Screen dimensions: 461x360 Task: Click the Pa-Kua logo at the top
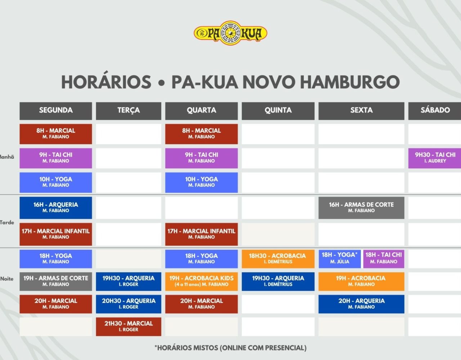(x=230, y=33)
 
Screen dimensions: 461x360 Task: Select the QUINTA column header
(x=278, y=111)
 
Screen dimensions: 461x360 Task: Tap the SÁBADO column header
(x=435, y=111)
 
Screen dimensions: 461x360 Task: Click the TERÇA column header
(x=129, y=111)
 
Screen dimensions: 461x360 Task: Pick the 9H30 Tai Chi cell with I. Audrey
(x=435, y=158)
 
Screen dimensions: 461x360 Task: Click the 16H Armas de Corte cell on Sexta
(x=361, y=208)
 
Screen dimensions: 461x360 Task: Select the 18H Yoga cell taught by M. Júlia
(x=339, y=259)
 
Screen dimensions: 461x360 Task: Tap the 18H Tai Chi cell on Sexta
(x=384, y=259)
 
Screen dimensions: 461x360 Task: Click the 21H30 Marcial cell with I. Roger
(x=129, y=327)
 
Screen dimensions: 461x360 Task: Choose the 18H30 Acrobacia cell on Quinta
(x=278, y=259)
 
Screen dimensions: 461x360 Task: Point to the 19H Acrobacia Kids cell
(x=201, y=282)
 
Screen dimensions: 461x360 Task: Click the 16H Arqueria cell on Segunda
(x=56, y=208)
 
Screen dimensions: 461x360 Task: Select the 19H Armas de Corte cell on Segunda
(x=56, y=282)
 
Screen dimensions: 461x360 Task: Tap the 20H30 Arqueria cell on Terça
(x=129, y=304)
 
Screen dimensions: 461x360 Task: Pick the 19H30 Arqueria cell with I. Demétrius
(x=278, y=282)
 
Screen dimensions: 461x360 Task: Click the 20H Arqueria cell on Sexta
(x=361, y=304)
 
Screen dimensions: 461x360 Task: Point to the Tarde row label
(x=7, y=222)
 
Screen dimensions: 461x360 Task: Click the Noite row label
(x=7, y=279)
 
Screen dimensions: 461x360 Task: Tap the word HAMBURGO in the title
(x=350, y=82)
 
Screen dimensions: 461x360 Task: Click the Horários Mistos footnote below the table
(x=230, y=348)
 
